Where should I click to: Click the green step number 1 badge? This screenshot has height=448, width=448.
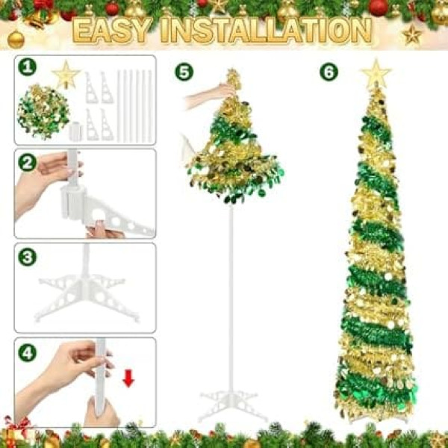(27, 67)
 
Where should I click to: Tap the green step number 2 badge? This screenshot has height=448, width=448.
(27, 163)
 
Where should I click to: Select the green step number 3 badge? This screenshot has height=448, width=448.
(27, 257)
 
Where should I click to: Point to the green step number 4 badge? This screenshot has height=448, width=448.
(27, 352)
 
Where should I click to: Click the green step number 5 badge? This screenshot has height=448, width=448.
(184, 72)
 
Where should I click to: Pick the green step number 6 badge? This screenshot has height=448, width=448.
(329, 72)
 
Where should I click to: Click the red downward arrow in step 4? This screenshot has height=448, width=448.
(128, 379)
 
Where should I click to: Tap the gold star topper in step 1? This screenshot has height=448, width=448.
(66, 75)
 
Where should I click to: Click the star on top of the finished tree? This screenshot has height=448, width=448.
(376, 73)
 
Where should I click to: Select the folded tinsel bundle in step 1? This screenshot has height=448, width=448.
(43, 112)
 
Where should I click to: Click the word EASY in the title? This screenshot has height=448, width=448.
(112, 31)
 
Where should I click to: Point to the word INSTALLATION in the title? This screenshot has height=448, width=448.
(266, 31)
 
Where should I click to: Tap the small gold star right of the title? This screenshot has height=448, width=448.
(411, 35)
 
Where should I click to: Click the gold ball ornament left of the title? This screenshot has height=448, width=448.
(16, 39)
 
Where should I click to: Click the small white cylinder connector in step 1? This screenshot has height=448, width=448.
(75, 131)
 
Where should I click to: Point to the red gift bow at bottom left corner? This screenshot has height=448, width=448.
(17, 423)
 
